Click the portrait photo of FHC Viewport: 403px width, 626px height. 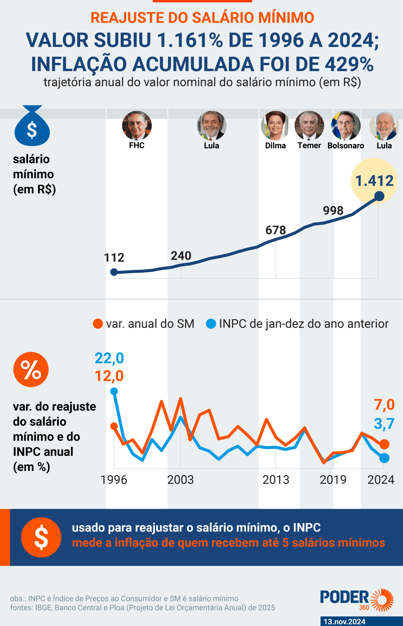pyautogui.click(x=137, y=126)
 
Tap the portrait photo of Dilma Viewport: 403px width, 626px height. pyautogui.click(x=275, y=126)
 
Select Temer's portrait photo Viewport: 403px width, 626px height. pyautogui.click(x=309, y=126)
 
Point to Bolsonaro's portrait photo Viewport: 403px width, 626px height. pyautogui.click(x=346, y=126)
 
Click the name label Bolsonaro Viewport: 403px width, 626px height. pyautogui.click(x=346, y=145)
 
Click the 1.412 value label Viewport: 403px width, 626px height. pyautogui.click(x=374, y=181)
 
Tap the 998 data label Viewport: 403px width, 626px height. pyautogui.click(x=333, y=211)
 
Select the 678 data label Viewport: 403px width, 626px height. pyautogui.click(x=276, y=230)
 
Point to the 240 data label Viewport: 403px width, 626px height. pyautogui.click(x=181, y=256)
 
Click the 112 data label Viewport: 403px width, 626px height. pyautogui.click(x=114, y=258)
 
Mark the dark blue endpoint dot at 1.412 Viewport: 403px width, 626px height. pyautogui.click(x=379, y=196)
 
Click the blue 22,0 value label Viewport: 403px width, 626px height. pyautogui.click(x=109, y=358)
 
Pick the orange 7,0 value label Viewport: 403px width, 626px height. pyautogui.click(x=384, y=405)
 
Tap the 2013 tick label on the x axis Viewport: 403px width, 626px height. pyautogui.click(x=276, y=480)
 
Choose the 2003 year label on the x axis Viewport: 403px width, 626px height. pyautogui.click(x=180, y=480)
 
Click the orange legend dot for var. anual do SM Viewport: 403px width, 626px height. pyautogui.click(x=98, y=324)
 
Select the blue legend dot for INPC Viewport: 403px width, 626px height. pyautogui.click(x=211, y=324)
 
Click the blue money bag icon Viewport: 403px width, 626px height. pyautogui.click(x=32, y=126)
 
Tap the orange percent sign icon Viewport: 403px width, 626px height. pyautogui.click(x=31, y=370)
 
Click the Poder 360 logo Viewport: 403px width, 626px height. pyautogui.click(x=357, y=600)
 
